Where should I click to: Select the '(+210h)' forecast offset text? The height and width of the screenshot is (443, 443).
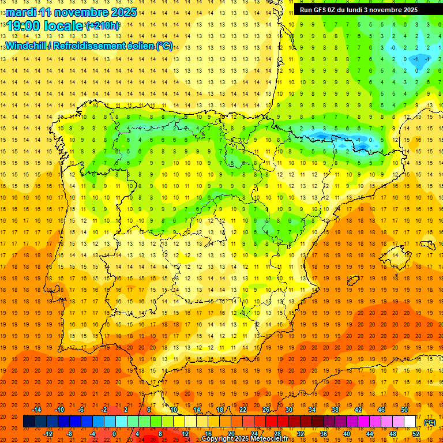[x=103, y=26]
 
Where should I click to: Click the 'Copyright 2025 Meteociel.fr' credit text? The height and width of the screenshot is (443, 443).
[x=245, y=439]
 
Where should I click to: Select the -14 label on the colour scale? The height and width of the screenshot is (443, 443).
[x=37, y=410]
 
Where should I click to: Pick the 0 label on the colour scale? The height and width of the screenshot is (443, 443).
[x=114, y=434]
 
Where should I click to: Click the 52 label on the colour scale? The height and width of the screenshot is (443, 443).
[x=416, y=434]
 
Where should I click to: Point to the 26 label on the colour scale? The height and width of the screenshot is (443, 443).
[x=266, y=410]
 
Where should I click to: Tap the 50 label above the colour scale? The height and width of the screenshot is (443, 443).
[x=404, y=410]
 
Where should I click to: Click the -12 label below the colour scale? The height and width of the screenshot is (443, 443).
[x=48, y=434]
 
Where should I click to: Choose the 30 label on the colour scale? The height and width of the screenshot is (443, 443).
[x=289, y=410]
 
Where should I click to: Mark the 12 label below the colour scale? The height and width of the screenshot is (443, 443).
[x=185, y=434]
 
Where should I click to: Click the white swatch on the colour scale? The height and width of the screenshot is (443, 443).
[x=410, y=422]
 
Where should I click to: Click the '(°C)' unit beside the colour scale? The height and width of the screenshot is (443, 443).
[x=430, y=422]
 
